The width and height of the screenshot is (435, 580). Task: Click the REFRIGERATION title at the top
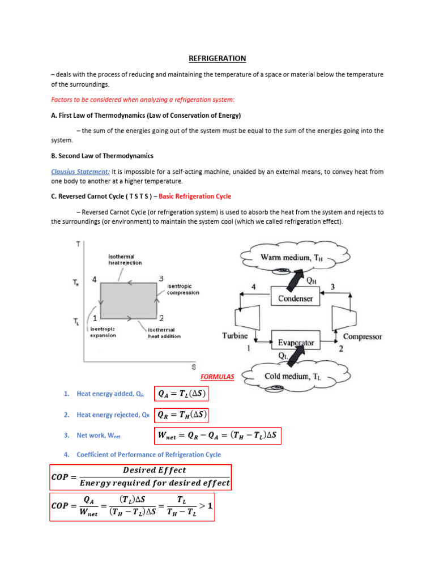click(x=217, y=58)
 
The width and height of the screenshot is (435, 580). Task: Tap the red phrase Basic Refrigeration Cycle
click(x=195, y=197)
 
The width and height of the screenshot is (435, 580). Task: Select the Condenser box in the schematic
click(x=295, y=298)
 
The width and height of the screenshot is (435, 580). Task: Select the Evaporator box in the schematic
click(x=296, y=343)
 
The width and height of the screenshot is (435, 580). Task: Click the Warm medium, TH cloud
click(x=289, y=258)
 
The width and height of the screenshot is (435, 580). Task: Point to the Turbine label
click(x=234, y=335)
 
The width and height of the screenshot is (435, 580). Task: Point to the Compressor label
click(x=362, y=336)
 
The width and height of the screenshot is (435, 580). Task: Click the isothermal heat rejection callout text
click(x=125, y=259)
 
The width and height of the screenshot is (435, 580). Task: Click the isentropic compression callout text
click(x=183, y=289)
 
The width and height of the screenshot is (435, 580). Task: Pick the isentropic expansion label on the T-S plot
click(x=103, y=332)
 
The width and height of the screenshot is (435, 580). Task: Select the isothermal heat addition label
click(x=164, y=332)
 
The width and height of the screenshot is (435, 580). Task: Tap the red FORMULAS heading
click(x=217, y=377)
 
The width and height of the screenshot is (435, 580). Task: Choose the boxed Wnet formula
click(x=217, y=436)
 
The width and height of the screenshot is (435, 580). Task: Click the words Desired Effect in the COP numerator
click(x=154, y=470)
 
